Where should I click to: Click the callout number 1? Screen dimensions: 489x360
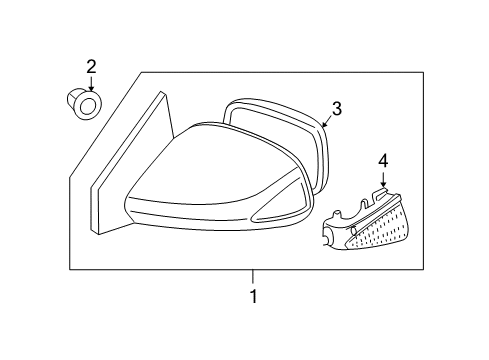click(253, 297)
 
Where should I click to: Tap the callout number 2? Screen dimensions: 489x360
click(91, 68)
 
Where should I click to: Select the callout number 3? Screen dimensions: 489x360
click(337, 109)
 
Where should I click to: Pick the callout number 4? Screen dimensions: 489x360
click(383, 159)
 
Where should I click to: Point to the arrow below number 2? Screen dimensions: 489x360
click(91, 84)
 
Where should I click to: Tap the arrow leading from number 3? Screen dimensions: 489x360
click(327, 121)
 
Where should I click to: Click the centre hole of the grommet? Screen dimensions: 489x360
click(89, 105)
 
